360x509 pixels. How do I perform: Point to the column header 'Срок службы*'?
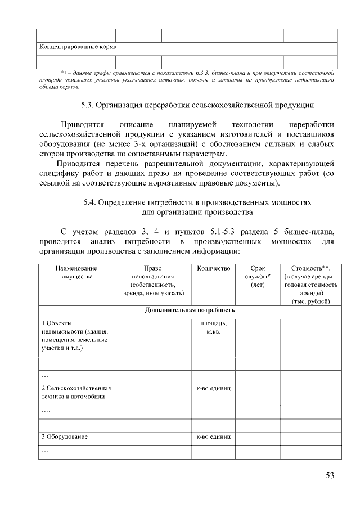click(258, 277)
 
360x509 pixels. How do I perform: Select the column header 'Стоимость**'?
click(310, 285)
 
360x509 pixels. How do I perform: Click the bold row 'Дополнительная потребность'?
click(190, 310)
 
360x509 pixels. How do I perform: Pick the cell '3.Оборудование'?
click(65, 436)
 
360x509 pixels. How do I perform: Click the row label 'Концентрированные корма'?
click(78, 47)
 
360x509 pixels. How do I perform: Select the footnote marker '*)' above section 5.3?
click(64, 73)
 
